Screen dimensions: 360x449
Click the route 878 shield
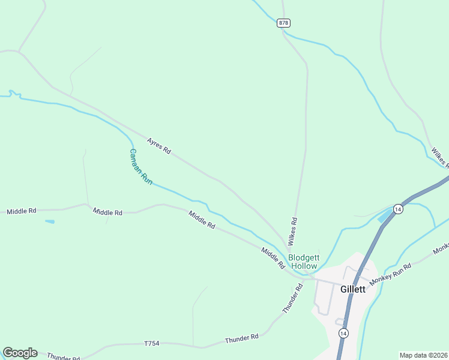pos(284,23)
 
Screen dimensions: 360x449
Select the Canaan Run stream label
pos(141,166)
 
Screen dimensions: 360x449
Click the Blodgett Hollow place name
pos(304,262)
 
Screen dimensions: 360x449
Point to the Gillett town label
pos(352,289)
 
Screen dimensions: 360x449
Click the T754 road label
pos(152,343)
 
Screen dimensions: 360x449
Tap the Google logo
pos(20,353)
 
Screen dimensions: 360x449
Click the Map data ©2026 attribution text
pos(423,355)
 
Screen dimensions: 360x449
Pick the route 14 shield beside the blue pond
pos(398,208)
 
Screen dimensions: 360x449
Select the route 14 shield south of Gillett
pos(343,332)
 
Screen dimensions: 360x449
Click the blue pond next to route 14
pos(384,215)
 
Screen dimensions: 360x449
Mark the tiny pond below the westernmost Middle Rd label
pos(49,221)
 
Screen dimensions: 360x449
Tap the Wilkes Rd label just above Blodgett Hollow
pos(292,231)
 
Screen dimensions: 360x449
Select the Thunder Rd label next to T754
pos(241,338)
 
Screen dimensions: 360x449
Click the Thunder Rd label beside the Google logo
pos(63,356)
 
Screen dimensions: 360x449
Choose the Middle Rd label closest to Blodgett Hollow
pos(273,257)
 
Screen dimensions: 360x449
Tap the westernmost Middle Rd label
pos(22,211)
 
